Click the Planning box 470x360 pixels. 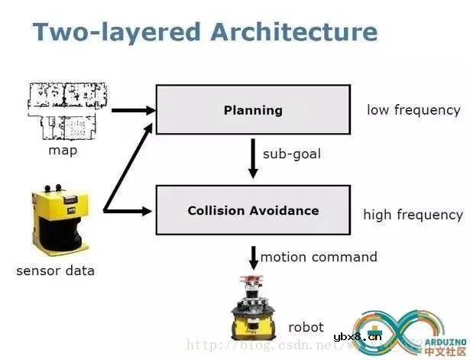pyautogui.click(x=253, y=110)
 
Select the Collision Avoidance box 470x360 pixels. pyautogui.click(x=253, y=209)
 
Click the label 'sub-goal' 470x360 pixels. pyautogui.click(x=292, y=154)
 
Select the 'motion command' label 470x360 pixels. pyautogui.click(x=319, y=257)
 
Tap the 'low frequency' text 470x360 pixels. pyautogui.click(x=413, y=110)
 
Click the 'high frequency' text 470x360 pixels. pyautogui.click(x=413, y=215)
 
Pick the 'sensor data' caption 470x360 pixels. pyautogui.click(x=56, y=270)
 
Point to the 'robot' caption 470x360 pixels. pyautogui.click(x=306, y=327)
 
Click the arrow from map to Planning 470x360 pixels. pyautogui.click(x=132, y=109)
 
